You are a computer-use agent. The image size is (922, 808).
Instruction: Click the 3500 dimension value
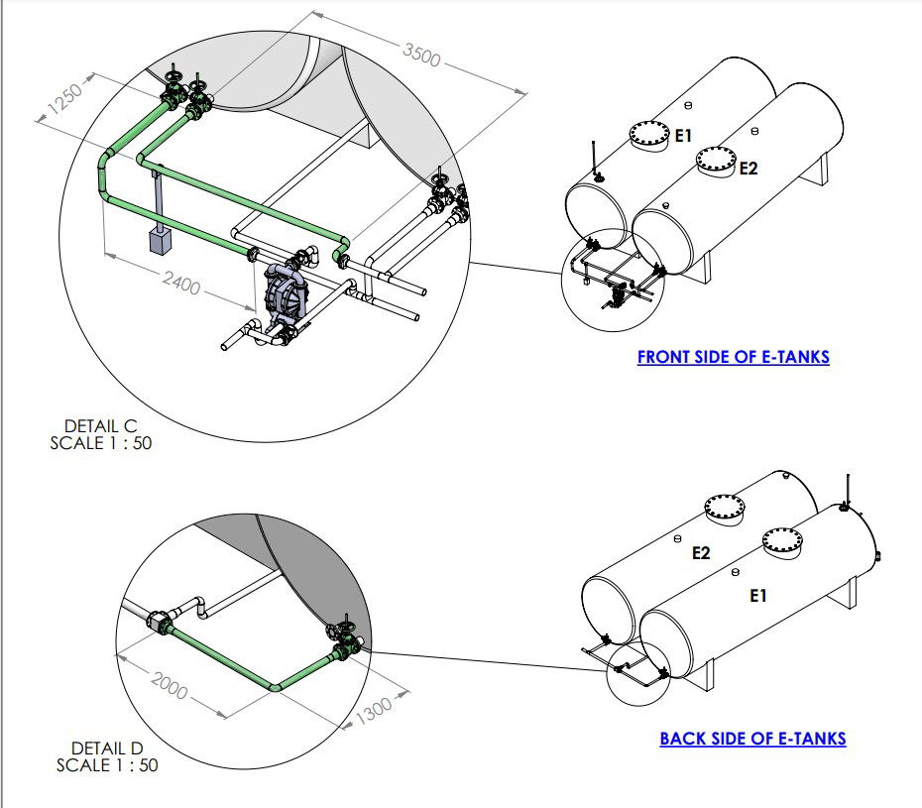click(x=421, y=57)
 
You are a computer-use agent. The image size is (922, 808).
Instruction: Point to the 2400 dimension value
click(x=184, y=285)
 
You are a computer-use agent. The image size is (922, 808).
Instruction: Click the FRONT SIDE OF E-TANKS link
click(x=733, y=357)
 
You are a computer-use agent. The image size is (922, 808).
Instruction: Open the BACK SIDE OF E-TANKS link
click(x=752, y=739)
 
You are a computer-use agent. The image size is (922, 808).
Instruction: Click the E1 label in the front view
click(x=683, y=137)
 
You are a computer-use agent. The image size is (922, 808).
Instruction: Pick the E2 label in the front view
click(x=749, y=169)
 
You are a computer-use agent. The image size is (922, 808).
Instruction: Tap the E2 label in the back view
click(x=701, y=553)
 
